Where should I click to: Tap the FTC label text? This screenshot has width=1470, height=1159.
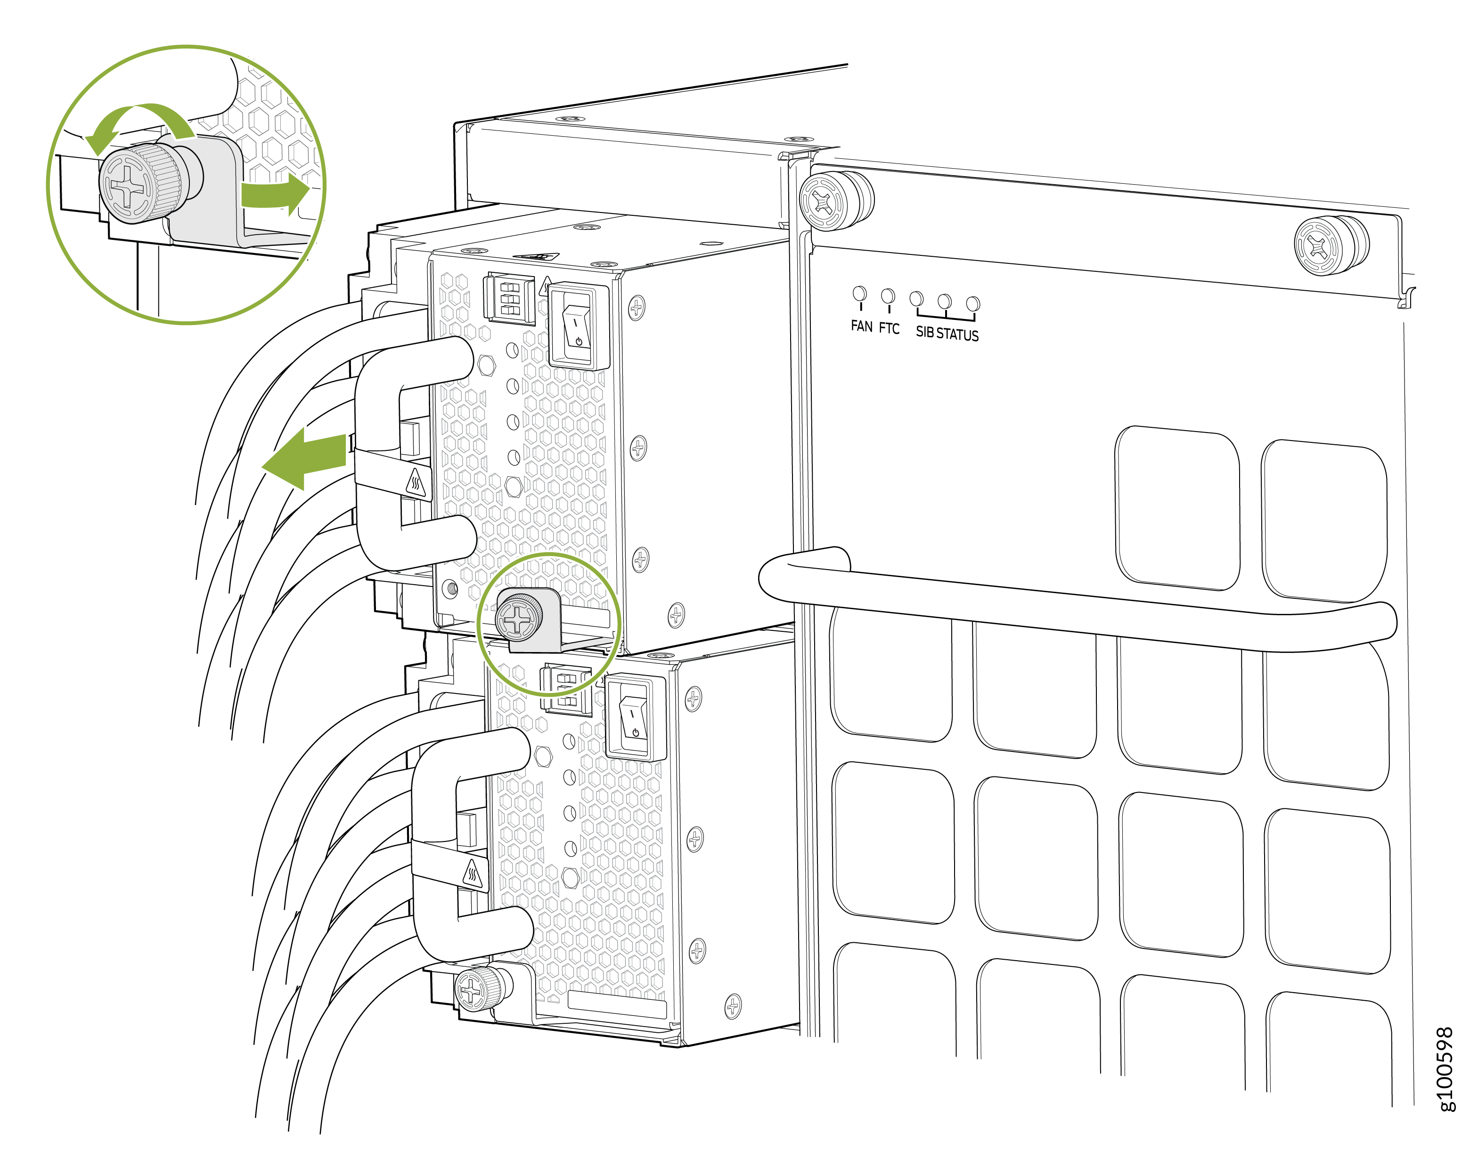[889, 328]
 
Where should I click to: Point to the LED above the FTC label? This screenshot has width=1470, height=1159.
[888, 296]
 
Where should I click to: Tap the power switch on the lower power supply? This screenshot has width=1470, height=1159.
[635, 718]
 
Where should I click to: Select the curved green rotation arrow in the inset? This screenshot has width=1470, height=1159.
[139, 121]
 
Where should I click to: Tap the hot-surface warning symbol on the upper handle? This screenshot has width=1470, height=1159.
[416, 483]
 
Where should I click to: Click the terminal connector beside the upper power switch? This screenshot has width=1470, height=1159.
[509, 299]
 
